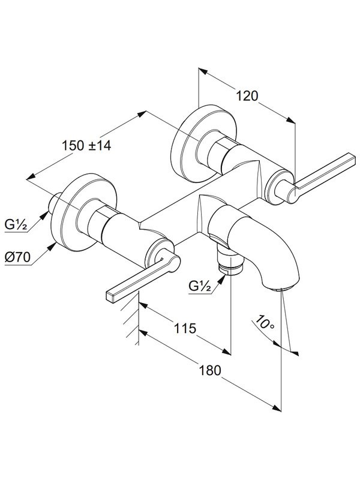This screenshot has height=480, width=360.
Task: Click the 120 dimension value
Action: (x=247, y=96)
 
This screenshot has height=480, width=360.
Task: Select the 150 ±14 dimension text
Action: (x=86, y=145)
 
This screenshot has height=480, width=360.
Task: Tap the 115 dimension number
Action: (x=185, y=328)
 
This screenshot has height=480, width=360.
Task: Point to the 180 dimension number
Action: (x=210, y=370)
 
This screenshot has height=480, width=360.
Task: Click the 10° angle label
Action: (x=265, y=322)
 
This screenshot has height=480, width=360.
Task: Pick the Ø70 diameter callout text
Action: (x=18, y=257)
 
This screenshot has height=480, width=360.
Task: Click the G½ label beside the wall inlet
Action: (x=16, y=225)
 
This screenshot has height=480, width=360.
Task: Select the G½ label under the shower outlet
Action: (x=200, y=286)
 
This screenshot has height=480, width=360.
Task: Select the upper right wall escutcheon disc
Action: (x=203, y=143)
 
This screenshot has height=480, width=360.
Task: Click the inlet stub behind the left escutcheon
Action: (x=55, y=203)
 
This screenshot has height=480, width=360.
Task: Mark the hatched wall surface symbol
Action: (x=131, y=319)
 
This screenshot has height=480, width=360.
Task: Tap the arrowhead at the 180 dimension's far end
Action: (x=277, y=408)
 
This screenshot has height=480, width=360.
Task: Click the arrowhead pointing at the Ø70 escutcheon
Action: (x=52, y=246)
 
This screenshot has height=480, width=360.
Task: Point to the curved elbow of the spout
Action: (x=269, y=245)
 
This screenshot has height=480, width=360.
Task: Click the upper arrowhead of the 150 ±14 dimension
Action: (x=142, y=114)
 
